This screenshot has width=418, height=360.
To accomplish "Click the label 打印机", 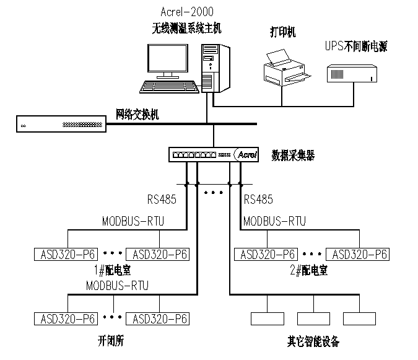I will click(282, 32).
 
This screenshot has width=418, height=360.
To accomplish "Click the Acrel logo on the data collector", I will click(247, 154).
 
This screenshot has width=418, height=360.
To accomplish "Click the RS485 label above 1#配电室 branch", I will click(162, 200).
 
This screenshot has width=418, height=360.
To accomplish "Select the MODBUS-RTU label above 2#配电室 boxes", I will click(274, 221).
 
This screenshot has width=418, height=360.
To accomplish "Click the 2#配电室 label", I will click(311, 271).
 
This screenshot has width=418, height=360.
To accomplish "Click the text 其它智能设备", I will click(313, 341).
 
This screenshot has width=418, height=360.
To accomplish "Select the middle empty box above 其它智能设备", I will click(314, 318).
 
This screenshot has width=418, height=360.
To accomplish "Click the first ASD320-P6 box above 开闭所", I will click(66, 318).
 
